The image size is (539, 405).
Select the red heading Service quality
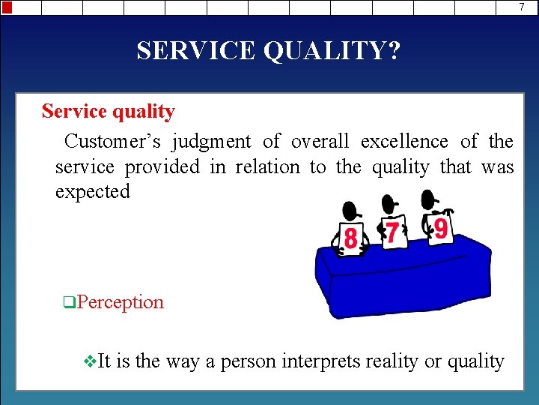(x=109, y=112)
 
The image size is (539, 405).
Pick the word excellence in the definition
(x=404, y=142)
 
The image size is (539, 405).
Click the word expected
(x=93, y=191)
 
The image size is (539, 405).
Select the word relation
(x=267, y=166)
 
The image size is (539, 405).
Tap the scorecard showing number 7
(x=391, y=232)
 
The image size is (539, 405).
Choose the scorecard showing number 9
(x=440, y=228)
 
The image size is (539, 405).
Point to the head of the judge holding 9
(x=428, y=199)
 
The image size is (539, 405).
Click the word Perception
(x=120, y=302)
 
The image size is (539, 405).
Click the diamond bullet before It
(x=91, y=361)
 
